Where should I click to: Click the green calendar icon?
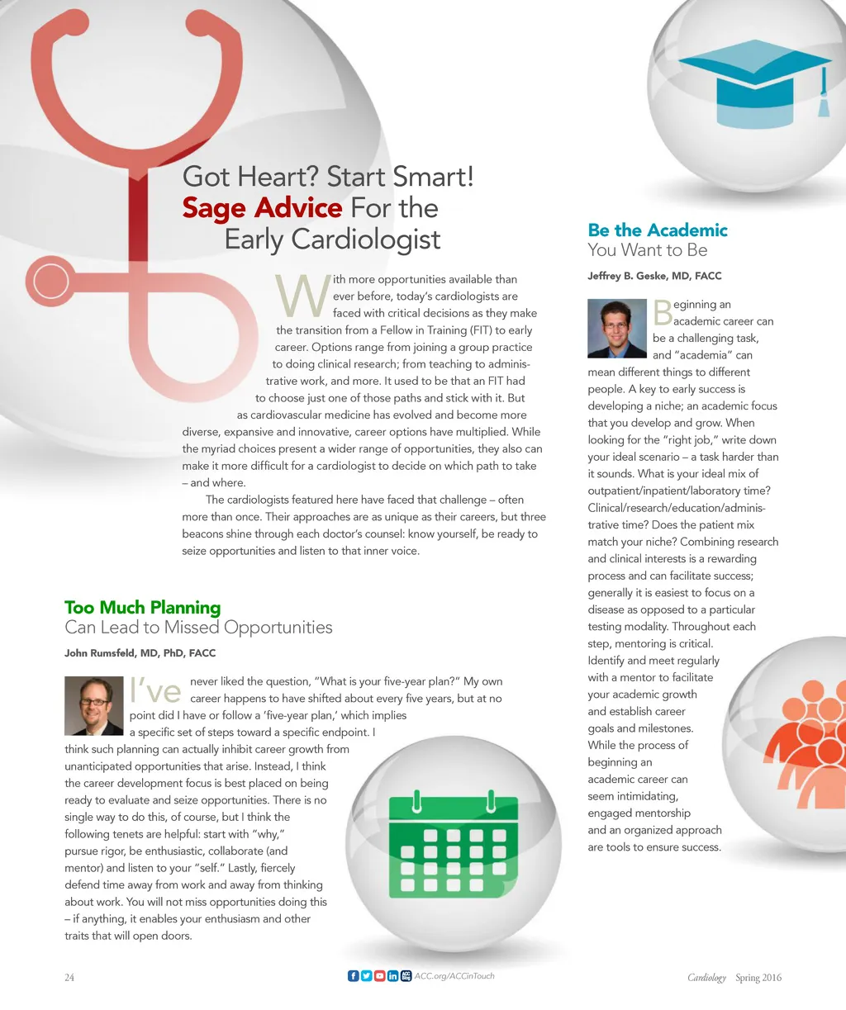(453, 844)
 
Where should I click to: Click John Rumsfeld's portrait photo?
(93, 705)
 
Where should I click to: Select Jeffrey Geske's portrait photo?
(616, 328)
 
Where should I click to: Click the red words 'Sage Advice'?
(262, 207)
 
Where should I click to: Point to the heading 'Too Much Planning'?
(143, 608)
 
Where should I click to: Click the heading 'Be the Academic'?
(658, 230)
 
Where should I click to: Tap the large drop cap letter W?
(302, 296)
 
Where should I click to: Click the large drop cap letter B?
(663, 313)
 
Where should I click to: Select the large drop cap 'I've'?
(155, 690)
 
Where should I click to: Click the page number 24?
(69, 978)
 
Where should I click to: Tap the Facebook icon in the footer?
(354, 976)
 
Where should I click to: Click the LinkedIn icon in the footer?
(392, 976)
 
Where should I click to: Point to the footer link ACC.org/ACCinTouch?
(454, 976)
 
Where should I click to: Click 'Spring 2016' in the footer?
(758, 978)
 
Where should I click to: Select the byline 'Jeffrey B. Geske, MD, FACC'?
(654, 276)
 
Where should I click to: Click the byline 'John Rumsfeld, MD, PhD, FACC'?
(140, 653)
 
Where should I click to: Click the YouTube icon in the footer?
(379, 976)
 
